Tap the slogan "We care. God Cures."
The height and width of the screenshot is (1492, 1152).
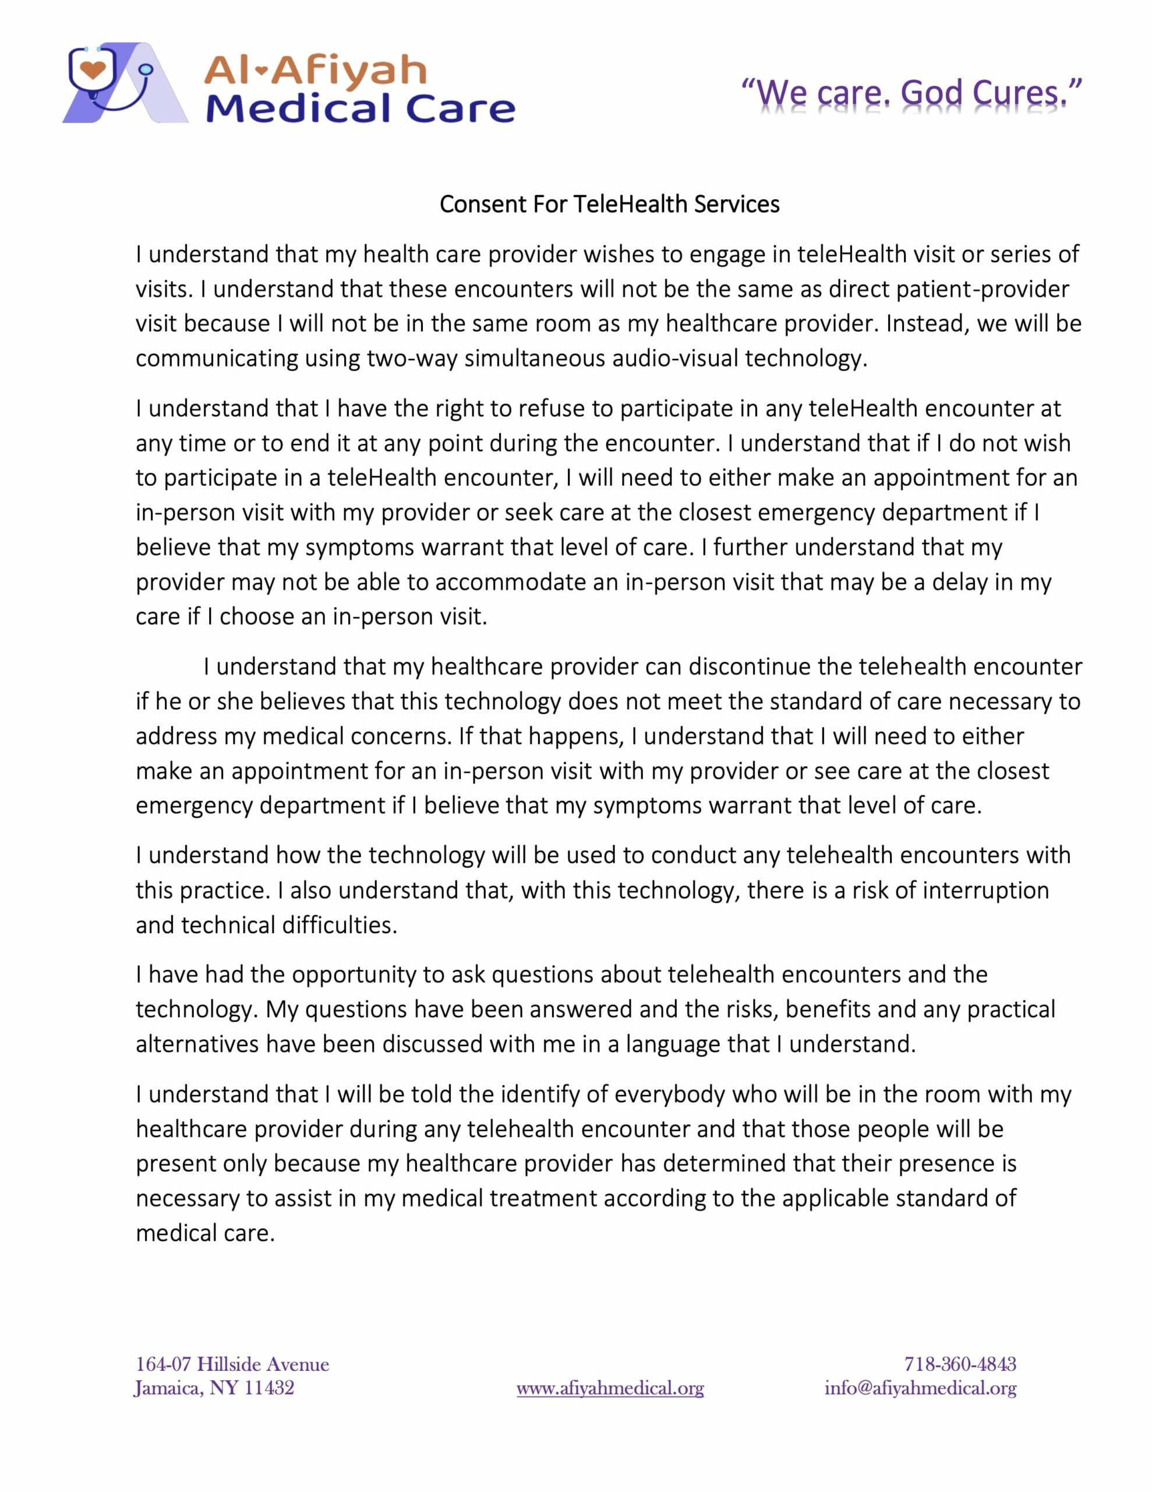(911, 94)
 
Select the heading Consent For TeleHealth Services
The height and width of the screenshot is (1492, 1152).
(609, 204)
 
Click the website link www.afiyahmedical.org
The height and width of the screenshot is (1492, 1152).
(610, 1388)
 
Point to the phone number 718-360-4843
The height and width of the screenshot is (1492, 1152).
(960, 1364)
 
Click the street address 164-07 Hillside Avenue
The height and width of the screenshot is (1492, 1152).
(232, 1364)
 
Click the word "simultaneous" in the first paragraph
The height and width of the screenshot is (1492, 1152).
(543, 358)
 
